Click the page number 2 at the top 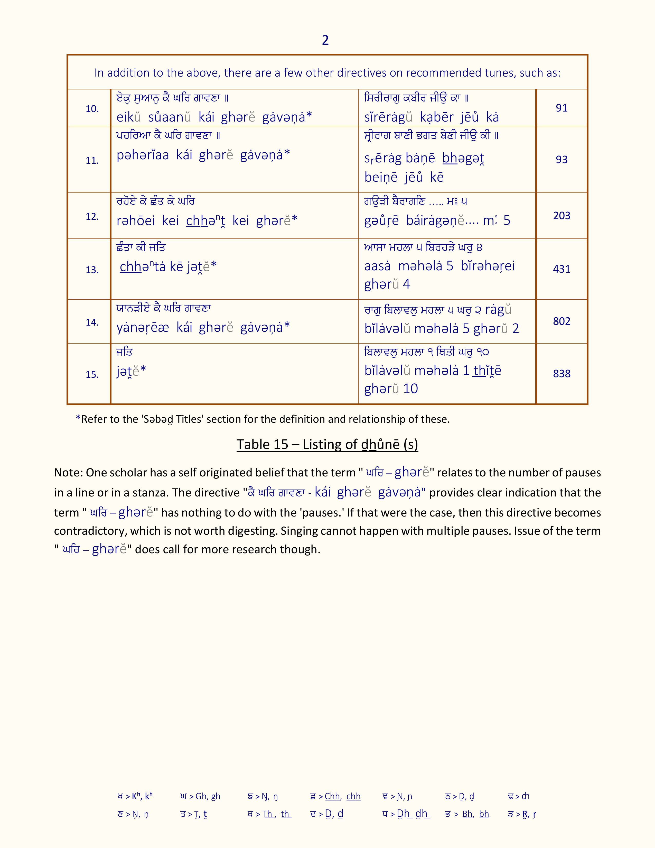[x=325, y=40]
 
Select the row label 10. [x=92, y=109]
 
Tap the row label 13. [x=92, y=270]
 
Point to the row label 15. [x=92, y=374]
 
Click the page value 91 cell [x=562, y=108]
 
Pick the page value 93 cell [x=562, y=160]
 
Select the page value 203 [x=562, y=216]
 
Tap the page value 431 [x=562, y=269]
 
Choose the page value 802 [x=562, y=321]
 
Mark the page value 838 [x=562, y=374]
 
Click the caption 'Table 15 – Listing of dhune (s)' [x=327, y=444]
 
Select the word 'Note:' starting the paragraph [x=68, y=473]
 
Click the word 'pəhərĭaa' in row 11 [x=142, y=155]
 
